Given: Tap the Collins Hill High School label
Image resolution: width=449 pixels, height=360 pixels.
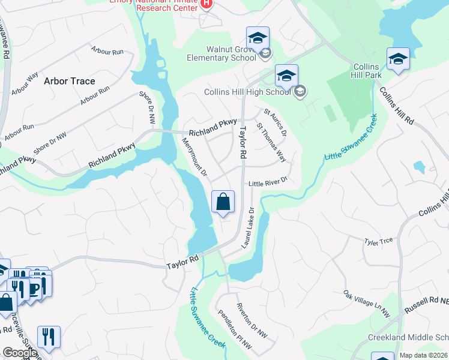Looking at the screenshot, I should click(247, 92).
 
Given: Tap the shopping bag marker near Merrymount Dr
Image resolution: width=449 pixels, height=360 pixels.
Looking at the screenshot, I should click(223, 202).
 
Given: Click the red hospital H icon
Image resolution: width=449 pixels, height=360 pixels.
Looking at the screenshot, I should click(206, 3).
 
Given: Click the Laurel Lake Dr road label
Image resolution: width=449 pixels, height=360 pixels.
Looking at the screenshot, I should click(249, 228).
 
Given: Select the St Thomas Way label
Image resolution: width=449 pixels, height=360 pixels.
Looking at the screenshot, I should click(271, 143).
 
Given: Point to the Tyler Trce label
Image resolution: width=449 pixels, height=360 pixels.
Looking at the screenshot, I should click(378, 241).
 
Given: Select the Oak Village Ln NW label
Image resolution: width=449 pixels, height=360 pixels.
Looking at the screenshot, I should click(367, 303).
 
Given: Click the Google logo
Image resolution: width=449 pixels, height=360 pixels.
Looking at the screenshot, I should click(20, 353).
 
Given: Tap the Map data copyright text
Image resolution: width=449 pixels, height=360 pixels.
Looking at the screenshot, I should click(423, 355).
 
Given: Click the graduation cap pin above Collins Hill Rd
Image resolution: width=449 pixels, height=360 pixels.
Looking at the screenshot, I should click(398, 59).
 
